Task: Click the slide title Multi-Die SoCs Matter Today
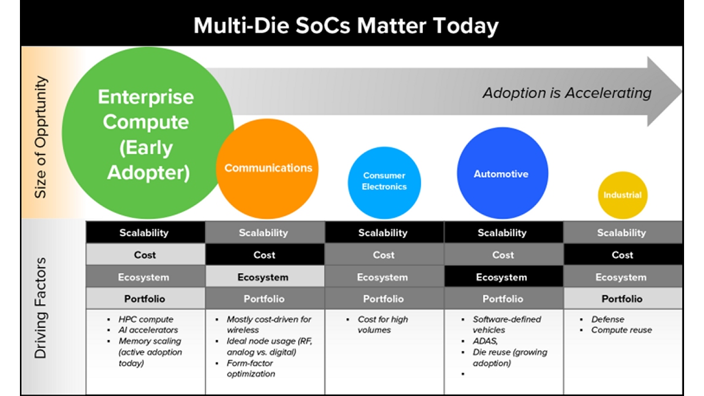(346, 26)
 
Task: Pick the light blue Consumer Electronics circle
(384, 182)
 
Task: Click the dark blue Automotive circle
(502, 174)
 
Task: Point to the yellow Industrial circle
(622, 195)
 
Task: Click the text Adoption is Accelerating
(567, 93)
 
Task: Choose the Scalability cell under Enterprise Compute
(144, 233)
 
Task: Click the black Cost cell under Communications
(265, 255)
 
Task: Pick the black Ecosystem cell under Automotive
(503, 277)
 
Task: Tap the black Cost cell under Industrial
(622, 255)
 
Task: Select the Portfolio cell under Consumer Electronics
(384, 299)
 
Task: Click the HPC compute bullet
(146, 320)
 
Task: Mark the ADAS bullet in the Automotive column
(485, 341)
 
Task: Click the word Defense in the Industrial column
(608, 320)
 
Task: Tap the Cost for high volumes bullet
(383, 325)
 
